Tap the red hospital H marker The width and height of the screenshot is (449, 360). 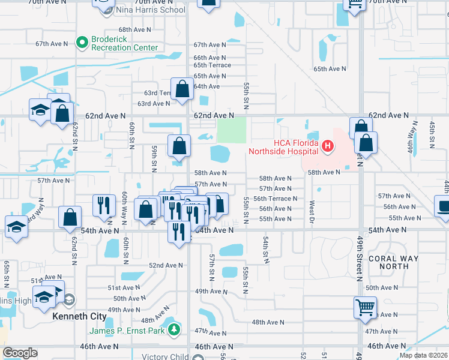[x=327, y=145]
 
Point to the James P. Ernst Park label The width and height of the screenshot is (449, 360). [x=128, y=330]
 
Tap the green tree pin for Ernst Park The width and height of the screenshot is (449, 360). [x=174, y=329]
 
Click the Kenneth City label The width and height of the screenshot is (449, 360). [x=80, y=316]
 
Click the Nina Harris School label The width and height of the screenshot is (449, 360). [x=151, y=10]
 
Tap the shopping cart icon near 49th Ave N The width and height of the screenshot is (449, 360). [x=365, y=308]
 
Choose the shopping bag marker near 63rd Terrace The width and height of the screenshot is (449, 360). [x=181, y=90]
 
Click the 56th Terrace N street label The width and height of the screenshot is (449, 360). [x=275, y=199]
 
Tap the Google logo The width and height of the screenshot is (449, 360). [x=20, y=353]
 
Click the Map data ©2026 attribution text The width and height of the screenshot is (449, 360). [x=423, y=356]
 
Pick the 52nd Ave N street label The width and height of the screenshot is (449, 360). [x=166, y=265]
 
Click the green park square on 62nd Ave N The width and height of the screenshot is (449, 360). [x=231, y=130]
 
